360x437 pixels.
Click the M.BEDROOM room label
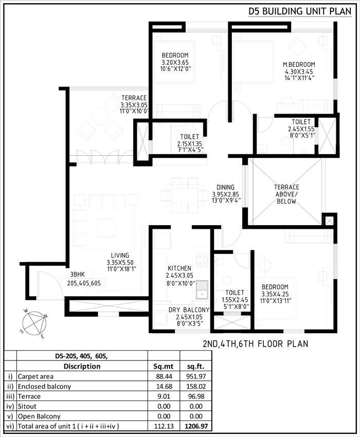click(299, 65)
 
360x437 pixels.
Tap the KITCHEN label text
click(179, 268)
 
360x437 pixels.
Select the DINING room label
click(225, 187)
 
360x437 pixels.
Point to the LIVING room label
click(120, 256)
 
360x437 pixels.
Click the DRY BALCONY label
click(189, 310)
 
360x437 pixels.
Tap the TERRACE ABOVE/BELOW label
click(286, 194)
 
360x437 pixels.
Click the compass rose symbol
click(34, 323)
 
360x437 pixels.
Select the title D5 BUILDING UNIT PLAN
click(300, 11)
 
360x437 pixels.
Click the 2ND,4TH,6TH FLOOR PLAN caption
click(256, 344)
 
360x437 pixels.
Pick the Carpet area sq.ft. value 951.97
click(196, 376)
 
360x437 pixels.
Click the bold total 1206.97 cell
click(196, 426)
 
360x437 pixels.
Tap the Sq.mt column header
click(164, 366)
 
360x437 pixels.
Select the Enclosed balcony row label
click(44, 386)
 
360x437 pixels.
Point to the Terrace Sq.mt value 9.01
click(164, 396)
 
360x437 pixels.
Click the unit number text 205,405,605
click(84, 283)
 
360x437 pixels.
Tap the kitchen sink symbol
click(202, 289)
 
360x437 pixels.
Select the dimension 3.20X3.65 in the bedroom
click(175, 62)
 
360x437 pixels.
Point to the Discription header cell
click(82, 366)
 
